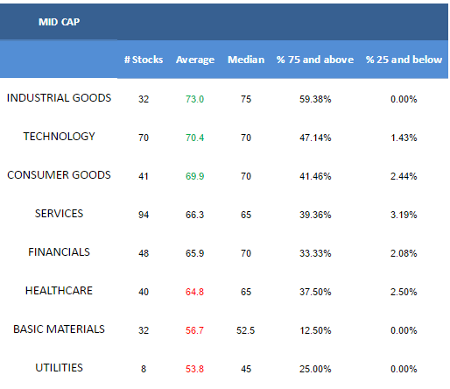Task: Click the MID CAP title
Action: pos(59,22)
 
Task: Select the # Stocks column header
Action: pos(144,60)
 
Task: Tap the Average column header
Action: pos(195,60)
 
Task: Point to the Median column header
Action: pos(246,60)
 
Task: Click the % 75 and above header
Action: pos(315,60)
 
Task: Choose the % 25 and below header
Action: pos(404,60)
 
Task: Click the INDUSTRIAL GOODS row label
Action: pos(59,98)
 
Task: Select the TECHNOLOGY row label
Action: pos(59,137)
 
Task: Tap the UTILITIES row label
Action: pos(59,368)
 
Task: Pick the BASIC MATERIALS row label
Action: pos(59,329)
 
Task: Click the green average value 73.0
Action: pos(194,99)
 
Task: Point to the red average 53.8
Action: pos(194,369)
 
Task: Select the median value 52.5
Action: pos(246,330)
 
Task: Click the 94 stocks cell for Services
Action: pos(144,215)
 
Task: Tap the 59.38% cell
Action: pos(315,99)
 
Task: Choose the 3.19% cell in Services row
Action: pos(404,215)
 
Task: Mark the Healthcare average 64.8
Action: pos(194,292)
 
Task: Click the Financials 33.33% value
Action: pos(315,253)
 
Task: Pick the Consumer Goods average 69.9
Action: pos(194,176)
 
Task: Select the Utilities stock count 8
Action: pos(144,369)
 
